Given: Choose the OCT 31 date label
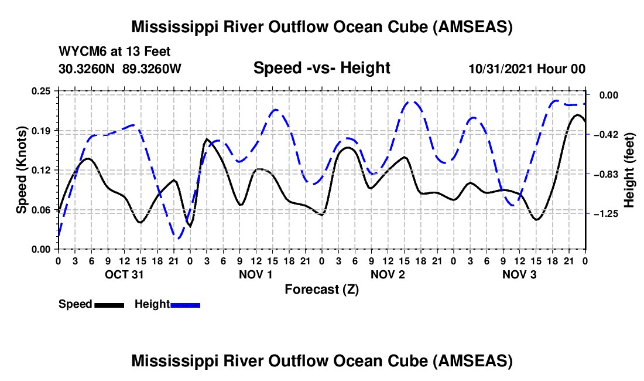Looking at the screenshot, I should (x=124, y=274).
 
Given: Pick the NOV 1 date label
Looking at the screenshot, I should (x=256, y=274).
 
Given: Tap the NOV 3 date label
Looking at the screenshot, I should (x=519, y=274).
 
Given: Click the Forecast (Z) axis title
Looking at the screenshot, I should (x=321, y=289).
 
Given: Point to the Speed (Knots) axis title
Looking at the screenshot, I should (x=21, y=169).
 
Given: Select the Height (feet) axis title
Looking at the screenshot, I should (x=629, y=170).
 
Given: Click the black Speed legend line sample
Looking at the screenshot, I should (x=109, y=304).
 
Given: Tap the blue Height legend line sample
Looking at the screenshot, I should (x=186, y=304).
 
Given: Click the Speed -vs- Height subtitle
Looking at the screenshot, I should (x=321, y=68).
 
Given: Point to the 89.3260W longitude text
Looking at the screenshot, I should (x=152, y=69).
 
